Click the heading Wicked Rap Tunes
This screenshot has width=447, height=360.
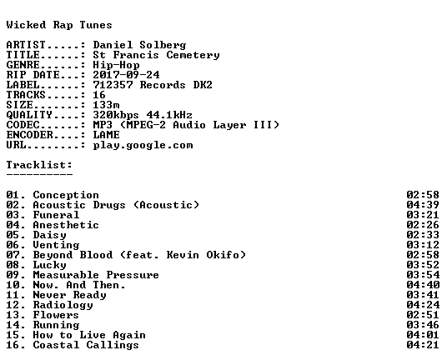pos(59,25)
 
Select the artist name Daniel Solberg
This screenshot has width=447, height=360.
pos(139,45)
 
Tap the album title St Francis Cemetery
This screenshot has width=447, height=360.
pos(156,55)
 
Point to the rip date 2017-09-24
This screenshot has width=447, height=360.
pos(126,75)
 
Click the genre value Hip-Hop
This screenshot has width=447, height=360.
pos(116,65)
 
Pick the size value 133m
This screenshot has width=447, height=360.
pos(106,105)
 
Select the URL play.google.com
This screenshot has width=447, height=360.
pos(143,145)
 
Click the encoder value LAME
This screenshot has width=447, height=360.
pos(106,135)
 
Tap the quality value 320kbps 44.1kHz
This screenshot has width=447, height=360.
pos(143,115)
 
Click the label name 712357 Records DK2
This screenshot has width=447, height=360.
pos(153,85)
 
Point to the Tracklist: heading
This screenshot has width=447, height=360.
pos(39,165)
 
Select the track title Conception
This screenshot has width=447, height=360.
pos(66,195)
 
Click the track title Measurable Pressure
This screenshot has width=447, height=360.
pos(96,275)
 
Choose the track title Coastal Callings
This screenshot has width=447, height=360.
pos(86,345)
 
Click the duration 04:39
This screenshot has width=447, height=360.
pos(423,205)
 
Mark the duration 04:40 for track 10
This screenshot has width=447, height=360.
pos(423,285)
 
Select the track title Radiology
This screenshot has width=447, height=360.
pos(63,305)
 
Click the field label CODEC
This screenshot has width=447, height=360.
pos(23,125)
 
